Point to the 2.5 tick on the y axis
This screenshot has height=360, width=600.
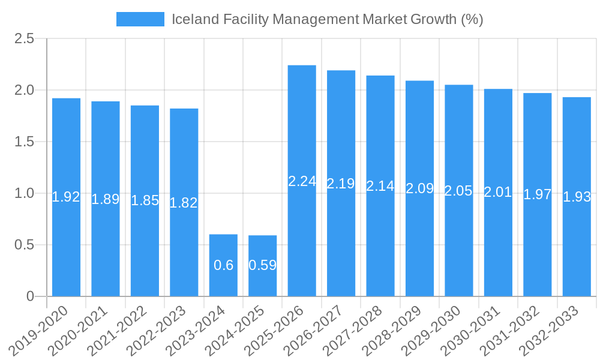[25, 39]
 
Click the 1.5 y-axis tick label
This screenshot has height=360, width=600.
[25, 142]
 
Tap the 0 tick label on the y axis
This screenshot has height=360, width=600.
[31, 296]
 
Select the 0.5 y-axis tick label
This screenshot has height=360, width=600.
[25, 245]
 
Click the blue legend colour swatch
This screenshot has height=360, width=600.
[140, 19]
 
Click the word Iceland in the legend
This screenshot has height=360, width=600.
[191, 19]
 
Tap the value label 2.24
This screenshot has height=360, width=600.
[302, 181]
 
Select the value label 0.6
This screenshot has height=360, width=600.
[223, 265]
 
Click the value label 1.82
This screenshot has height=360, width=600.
[184, 203]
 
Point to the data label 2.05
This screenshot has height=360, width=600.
[458, 191]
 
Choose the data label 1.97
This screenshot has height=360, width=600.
[537, 194]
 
